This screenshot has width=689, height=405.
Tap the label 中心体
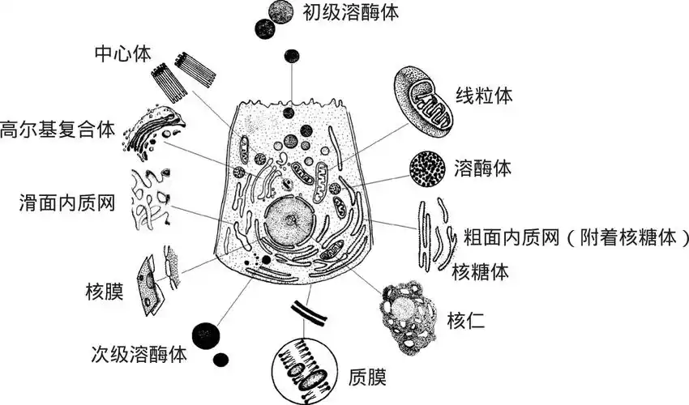tap(122, 56)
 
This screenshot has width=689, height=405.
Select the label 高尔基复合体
tap(58, 129)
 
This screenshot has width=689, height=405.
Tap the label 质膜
tap(366, 376)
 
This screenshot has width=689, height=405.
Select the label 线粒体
tap(483, 95)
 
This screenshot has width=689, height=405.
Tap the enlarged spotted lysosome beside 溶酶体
tap(426, 168)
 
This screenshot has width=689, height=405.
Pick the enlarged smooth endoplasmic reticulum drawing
tap(152, 199)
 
